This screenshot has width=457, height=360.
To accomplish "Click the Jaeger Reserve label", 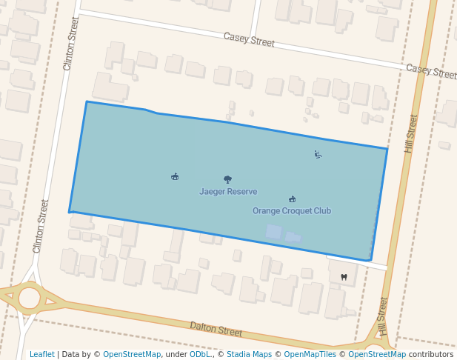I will coord(228,192).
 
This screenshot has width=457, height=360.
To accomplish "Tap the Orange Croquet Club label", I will coord(292,211).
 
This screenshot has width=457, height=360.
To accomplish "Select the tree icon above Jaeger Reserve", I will coord(227,179).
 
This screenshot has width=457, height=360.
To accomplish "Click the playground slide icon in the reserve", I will coord(318,155).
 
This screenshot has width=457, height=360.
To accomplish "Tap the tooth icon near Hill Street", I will coord(343,277).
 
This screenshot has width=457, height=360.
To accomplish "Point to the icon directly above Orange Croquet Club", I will coord(292,199).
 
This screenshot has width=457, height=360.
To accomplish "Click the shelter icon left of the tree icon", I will coord(175,176).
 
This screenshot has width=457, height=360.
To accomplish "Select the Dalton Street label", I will coord(216,328).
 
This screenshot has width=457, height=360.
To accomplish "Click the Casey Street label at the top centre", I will coord(250,40).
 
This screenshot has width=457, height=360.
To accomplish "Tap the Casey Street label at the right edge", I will coord(431,72).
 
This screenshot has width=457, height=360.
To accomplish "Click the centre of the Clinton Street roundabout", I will coord(29,298).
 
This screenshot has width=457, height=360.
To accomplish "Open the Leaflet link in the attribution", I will coord(42,354).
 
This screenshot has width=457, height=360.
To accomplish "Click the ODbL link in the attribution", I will coord(200,354).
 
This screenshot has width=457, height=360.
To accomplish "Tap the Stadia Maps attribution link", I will coord(249,354).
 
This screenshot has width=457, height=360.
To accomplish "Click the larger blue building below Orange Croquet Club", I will coord(273,232).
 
